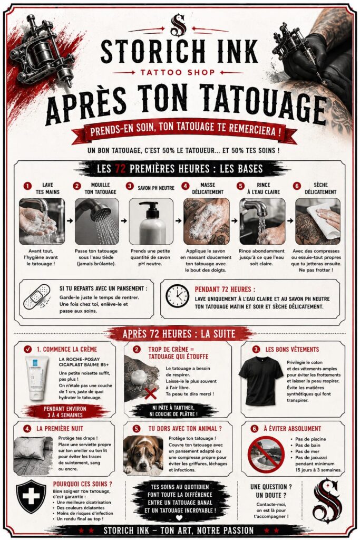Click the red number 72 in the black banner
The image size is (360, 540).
(120, 169)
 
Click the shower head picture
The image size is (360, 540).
(96, 221)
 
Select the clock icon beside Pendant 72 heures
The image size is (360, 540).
(177, 296)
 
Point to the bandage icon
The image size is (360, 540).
(37, 296)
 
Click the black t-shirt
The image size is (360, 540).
(260, 381)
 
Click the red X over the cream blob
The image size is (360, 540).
(150, 393)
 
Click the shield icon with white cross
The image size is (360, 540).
(31, 497)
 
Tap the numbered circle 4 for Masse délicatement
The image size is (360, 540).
(185, 186)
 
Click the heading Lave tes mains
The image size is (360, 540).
(47, 188)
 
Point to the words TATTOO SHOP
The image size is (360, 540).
(178, 72)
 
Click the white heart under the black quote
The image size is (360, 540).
(179, 518)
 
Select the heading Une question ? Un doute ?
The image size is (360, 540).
(271, 491)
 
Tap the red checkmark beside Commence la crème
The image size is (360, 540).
(28, 349)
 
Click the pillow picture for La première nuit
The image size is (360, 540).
(33, 455)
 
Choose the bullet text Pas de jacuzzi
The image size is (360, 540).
(311, 458)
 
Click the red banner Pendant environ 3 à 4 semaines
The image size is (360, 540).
(65, 411)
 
